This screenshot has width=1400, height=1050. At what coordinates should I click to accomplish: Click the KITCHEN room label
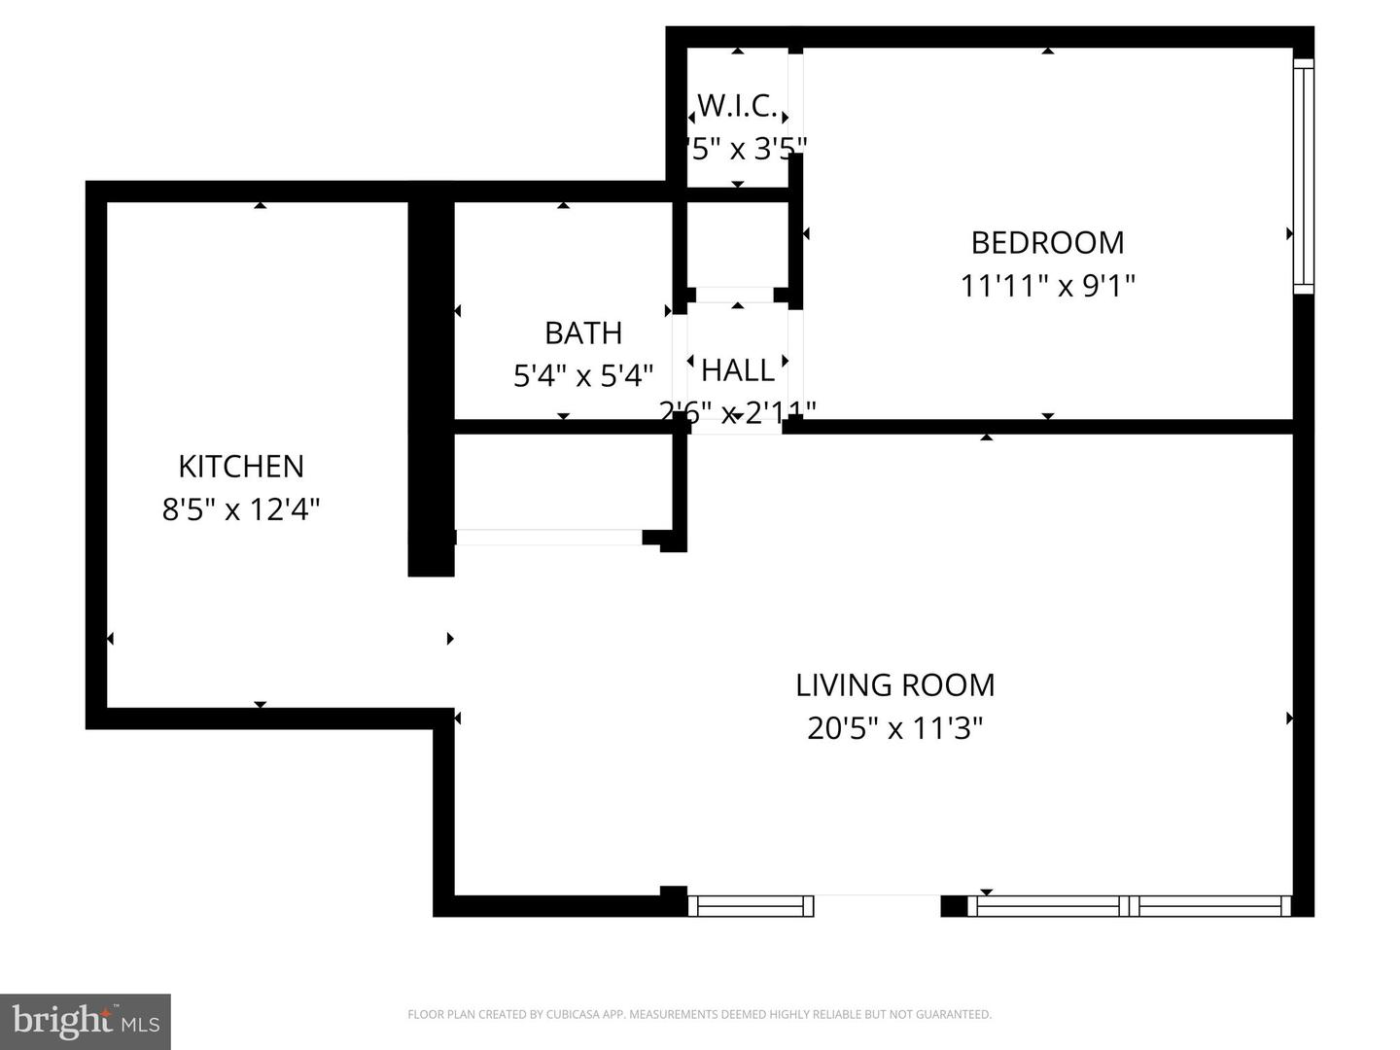tap(241, 467)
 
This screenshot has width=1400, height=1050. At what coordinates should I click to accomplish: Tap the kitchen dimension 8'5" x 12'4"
tap(241, 508)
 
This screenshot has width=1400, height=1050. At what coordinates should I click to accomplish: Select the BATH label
tap(582, 333)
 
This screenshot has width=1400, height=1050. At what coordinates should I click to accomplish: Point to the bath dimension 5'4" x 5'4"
tap(582, 375)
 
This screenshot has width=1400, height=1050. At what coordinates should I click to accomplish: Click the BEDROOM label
tap(1047, 242)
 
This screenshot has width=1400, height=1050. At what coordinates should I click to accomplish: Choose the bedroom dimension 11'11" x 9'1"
tap(1047, 286)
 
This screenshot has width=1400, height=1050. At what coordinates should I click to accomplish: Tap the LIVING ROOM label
tap(894, 685)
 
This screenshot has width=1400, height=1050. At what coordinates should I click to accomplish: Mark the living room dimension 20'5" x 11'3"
tap(894, 728)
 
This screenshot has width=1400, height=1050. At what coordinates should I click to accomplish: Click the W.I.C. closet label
tap(737, 105)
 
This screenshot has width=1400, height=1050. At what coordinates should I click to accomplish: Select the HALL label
tap(738, 370)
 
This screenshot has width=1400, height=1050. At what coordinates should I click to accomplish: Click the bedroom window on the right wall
tap(1303, 176)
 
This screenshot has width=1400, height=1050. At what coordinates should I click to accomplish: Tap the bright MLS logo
tap(86, 1021)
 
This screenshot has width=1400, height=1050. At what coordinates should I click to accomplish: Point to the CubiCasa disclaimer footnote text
tap(699, 1014)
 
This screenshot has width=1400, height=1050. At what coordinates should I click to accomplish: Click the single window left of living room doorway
tap(751, 906)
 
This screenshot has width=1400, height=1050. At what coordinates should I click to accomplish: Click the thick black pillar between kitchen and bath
tap(431, 389)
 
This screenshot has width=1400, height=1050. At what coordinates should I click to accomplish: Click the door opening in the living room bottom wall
tap(877, 904)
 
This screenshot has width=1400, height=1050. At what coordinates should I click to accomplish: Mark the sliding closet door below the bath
tap(549, 537)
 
